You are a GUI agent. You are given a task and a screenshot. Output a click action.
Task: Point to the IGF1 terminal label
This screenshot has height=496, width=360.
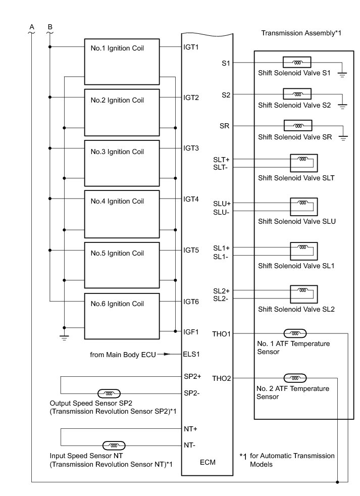[x=191, y=332]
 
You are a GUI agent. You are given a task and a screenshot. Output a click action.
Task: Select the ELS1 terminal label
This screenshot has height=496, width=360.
[x=191, y=354]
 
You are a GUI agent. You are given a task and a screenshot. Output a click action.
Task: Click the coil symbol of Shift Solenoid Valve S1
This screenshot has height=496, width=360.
[x=297, y=63]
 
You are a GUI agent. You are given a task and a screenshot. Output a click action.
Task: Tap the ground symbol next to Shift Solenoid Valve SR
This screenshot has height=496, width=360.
[x=343, y=138]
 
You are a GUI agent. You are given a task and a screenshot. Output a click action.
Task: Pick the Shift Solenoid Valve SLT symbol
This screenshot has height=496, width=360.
[x=303, y=163]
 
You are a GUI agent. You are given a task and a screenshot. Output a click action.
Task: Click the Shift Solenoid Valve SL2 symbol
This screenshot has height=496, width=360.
[x=303, y=294]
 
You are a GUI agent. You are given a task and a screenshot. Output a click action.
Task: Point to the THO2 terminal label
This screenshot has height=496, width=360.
[x=222, y=378]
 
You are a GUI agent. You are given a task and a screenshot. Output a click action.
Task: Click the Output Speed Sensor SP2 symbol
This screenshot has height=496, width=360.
[x=108, y=393]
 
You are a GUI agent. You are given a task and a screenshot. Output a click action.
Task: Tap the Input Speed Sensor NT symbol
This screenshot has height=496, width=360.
[x=114, y=445]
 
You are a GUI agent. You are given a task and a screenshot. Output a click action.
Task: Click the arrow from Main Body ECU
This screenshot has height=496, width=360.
[x=173, y=355]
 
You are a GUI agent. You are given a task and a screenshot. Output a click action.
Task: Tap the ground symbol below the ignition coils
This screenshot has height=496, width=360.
[x=64, y=337]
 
